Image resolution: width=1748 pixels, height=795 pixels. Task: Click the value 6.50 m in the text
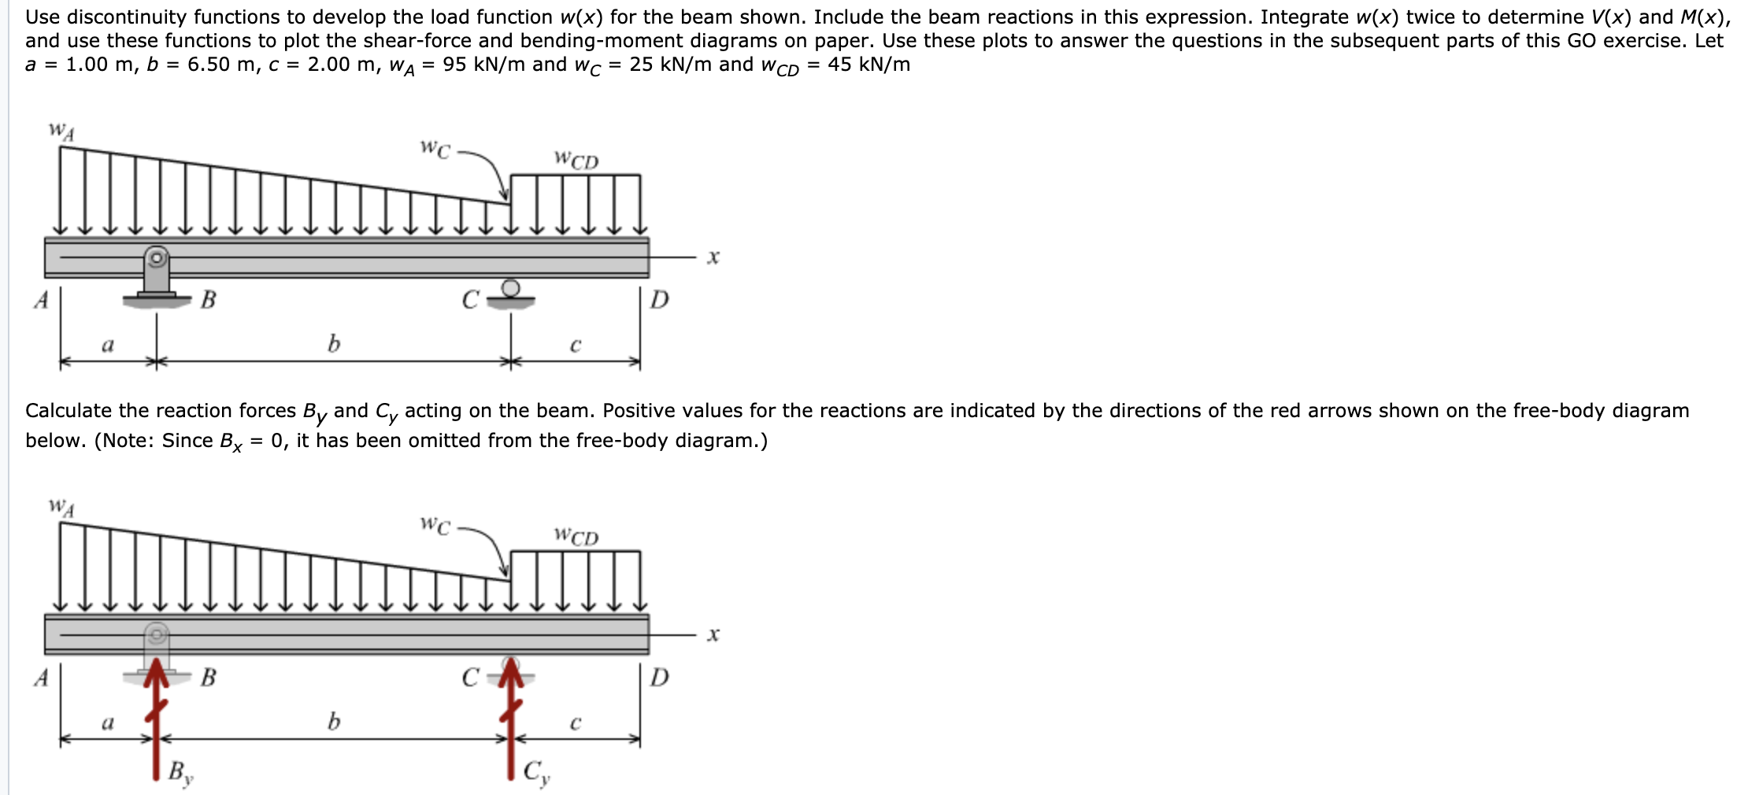tap(216, 65)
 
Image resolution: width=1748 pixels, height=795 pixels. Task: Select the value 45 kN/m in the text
tap(868, 65)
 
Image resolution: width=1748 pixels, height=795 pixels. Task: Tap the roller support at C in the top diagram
tap(510, 293)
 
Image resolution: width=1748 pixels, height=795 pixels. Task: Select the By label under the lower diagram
tap(180, 772)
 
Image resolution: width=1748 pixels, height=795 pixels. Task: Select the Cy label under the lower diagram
tap(537, 772)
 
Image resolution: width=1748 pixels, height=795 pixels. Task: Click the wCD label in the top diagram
tap(576, 160)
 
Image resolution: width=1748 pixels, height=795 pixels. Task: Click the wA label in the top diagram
tap(62, 131)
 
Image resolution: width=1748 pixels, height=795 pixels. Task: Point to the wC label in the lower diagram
tap(435, 524)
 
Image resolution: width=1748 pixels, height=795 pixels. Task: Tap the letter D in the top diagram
tap(660, 299)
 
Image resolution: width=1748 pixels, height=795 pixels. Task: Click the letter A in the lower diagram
tap(42, 677)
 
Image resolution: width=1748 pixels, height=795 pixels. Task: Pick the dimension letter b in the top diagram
tap(334, 343)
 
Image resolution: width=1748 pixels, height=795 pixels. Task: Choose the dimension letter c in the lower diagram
tap(576, 722)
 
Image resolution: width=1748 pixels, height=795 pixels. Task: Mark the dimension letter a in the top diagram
tap(108, 345)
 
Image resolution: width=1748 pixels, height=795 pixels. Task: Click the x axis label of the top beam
tap(713, 257)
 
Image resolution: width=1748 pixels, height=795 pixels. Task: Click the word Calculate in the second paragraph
tap(69, 411)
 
